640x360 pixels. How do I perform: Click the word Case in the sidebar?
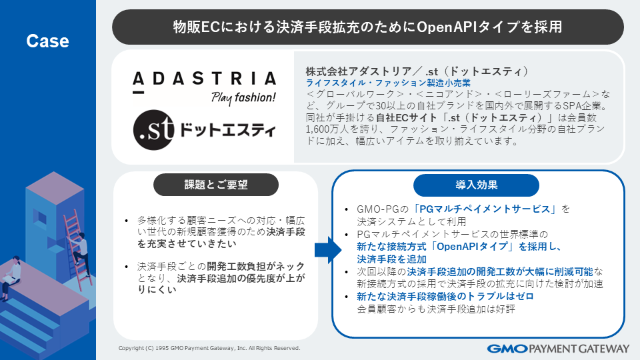pyautogui.click(x=47, y=41)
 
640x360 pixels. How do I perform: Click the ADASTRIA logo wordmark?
pyautogui.click(x=203, y=79)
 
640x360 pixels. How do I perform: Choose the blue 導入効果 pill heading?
pyautogui.click(x=476, y=185)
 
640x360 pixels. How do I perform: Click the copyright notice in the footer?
pyautogui.click(x=209, y=348)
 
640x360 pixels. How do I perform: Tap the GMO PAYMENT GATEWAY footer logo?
pyautogui.click(x=558, y=348)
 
